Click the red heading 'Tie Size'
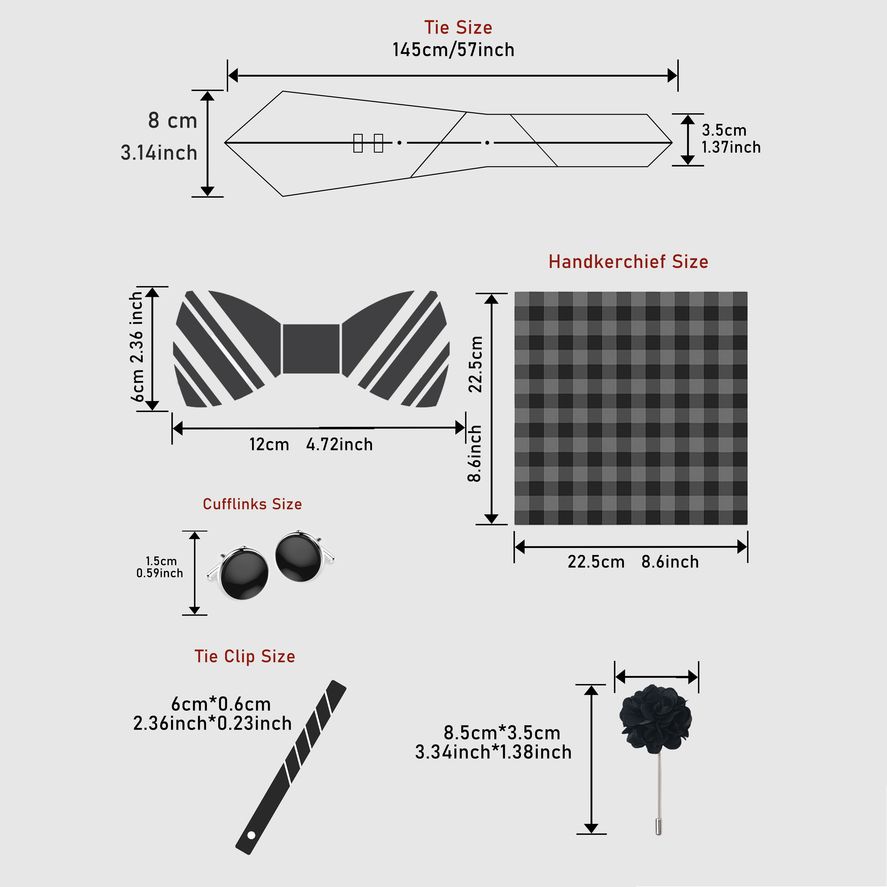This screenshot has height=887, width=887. (458, 28)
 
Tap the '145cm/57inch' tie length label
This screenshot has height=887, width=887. (453, 50)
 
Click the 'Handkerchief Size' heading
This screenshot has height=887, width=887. (628, 262)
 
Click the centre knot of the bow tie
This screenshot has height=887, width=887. (311, 349)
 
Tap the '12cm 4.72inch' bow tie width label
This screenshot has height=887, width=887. (311, 444)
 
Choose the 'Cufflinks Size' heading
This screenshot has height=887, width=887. (252, 504)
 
